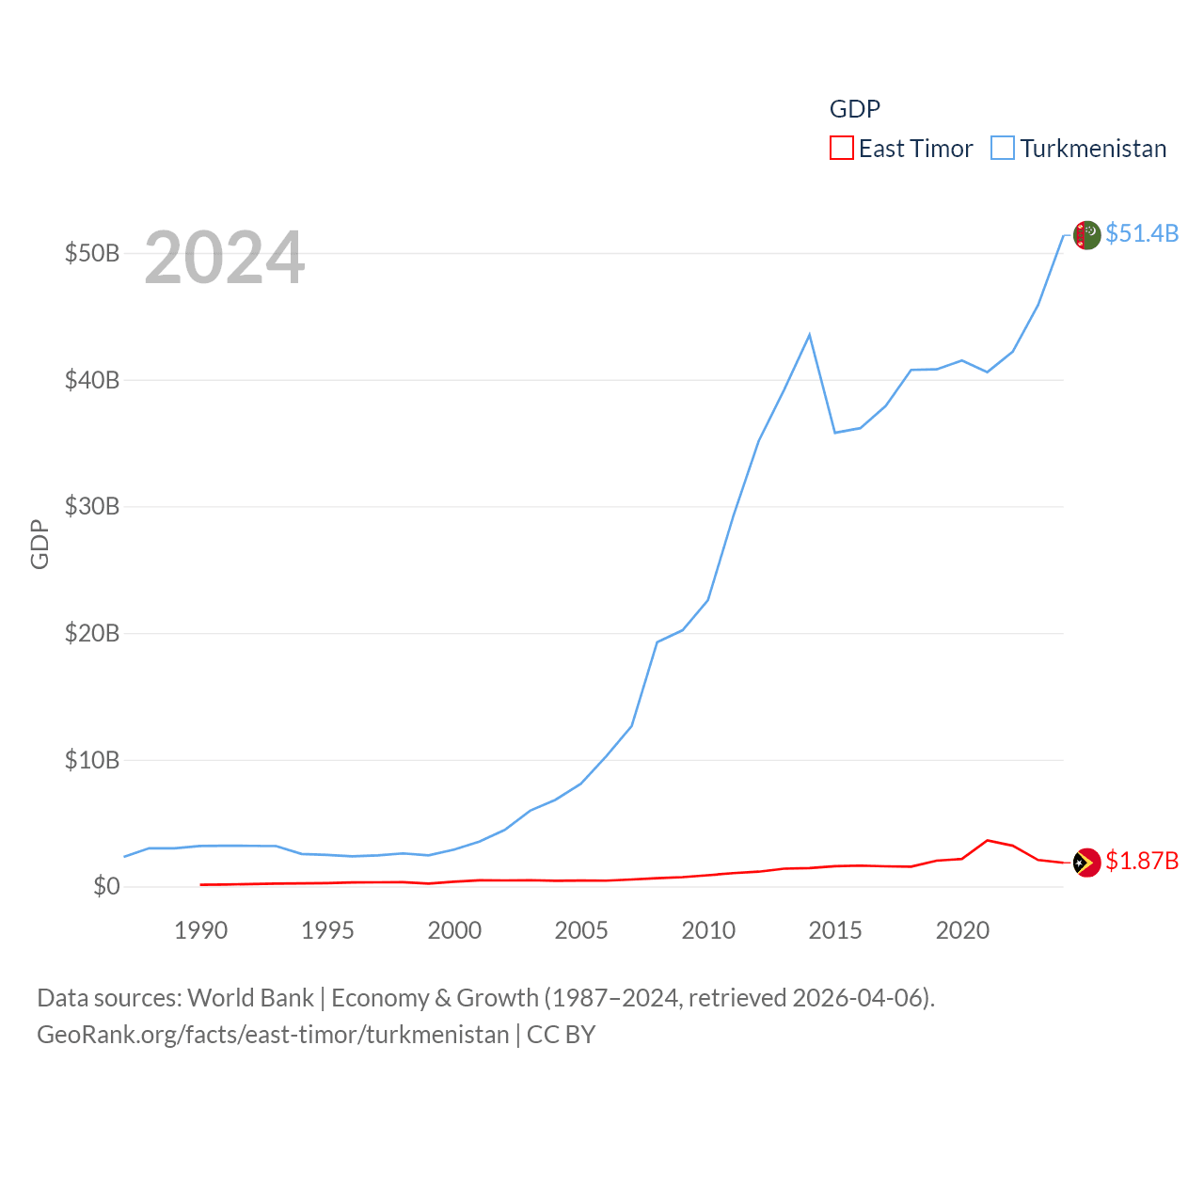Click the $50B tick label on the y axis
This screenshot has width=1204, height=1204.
click(x=91, y=254)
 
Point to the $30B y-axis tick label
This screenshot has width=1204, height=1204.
click(x=91, y=507)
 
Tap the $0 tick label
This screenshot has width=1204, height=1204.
click(x=106, y=887)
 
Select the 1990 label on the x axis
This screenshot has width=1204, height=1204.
click(x=200, y=931)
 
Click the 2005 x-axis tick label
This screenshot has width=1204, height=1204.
click(x=581, y=931)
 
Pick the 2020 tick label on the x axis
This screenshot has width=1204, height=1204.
click(x=962, y=931)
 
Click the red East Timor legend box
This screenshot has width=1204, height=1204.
click(x=841, y=149)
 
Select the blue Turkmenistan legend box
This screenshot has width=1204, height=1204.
click(x=1003, y=149)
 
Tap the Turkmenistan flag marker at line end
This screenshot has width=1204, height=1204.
click(x=1086, y=235)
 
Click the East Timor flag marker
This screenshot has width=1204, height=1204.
click(x=1086, y=863)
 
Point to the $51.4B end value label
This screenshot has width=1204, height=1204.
click(x=1142, y=233)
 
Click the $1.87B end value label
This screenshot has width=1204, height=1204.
click(x=1142, y=862)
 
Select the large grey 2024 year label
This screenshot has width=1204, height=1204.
click(x=224, y=258)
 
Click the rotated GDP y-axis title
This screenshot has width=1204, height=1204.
click(x=40, y=544)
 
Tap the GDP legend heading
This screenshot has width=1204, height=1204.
click(x=854, y=109)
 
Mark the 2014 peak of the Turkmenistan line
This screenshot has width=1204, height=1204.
click(x=809, y=335)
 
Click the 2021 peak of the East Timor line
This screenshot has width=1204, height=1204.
click(x=987, y=840)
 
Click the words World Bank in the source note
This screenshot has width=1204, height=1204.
click(x=251, y=998)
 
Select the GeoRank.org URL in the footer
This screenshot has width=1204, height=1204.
click(x=273, y=1036)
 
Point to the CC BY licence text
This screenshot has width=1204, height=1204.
click(x=561, y=1036)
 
